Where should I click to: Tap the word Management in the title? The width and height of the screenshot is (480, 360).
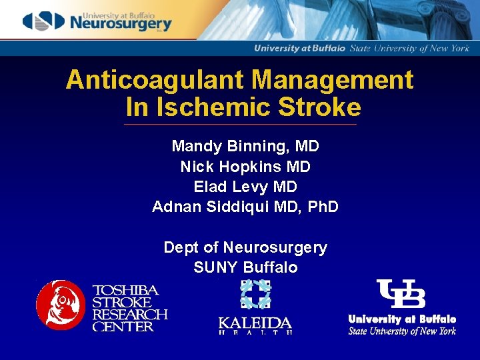333,81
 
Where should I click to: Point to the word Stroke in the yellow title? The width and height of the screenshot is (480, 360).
319,107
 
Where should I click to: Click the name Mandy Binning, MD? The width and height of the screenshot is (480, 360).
245,146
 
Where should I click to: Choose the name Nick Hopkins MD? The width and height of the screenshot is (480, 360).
245,166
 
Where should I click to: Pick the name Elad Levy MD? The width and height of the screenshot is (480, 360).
245,187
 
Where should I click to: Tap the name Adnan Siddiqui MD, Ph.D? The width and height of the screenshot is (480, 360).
245,207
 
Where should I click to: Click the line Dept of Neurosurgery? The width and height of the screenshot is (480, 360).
245,248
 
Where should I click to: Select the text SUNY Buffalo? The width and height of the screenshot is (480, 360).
245,268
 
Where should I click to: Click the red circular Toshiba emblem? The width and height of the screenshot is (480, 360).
61,305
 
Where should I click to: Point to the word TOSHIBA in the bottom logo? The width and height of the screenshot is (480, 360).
125,291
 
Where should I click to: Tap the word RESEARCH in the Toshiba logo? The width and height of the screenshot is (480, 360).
129,315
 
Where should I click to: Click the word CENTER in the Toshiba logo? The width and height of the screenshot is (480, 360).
123,327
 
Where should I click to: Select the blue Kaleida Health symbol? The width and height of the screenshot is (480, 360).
255,295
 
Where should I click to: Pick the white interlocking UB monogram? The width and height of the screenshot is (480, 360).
401,294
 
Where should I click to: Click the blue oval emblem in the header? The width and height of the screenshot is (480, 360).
44,22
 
